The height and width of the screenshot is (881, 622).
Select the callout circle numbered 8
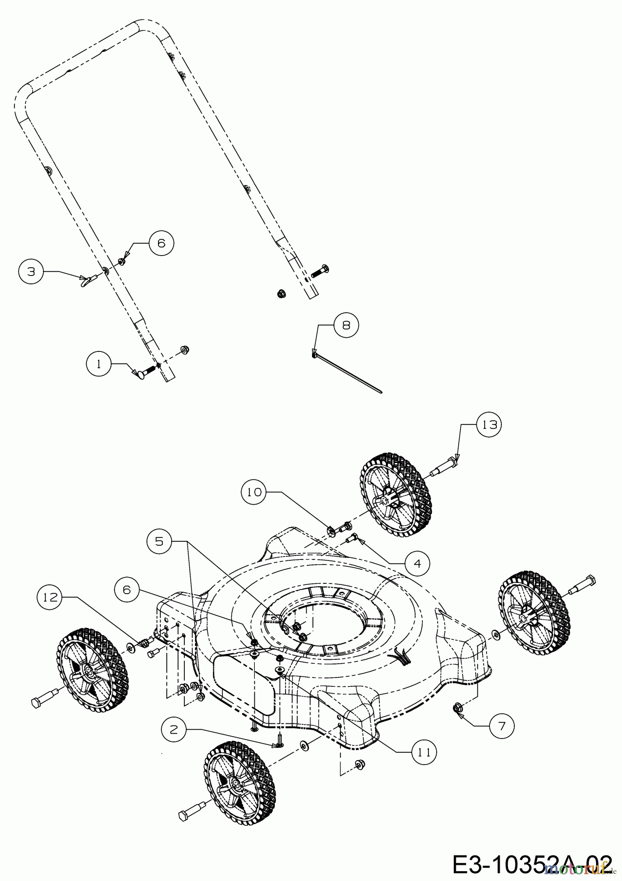346,325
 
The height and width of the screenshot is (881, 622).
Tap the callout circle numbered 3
31,272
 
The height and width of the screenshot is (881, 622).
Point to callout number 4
417,563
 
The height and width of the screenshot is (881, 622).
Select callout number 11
423,753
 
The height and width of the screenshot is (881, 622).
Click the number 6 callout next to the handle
161,243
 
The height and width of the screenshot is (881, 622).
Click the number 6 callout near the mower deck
127,590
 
